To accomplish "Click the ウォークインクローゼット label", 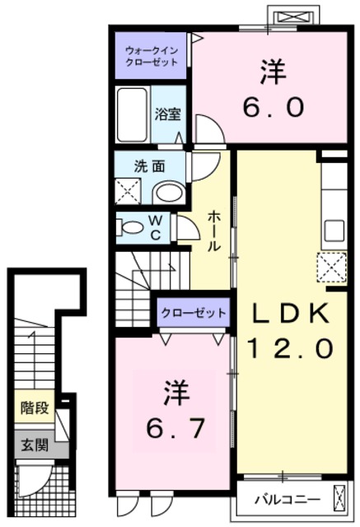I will [150, 55].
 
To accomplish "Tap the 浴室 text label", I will [168, 114].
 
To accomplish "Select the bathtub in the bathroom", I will [133, 115].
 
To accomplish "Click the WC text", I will [153, 226].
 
